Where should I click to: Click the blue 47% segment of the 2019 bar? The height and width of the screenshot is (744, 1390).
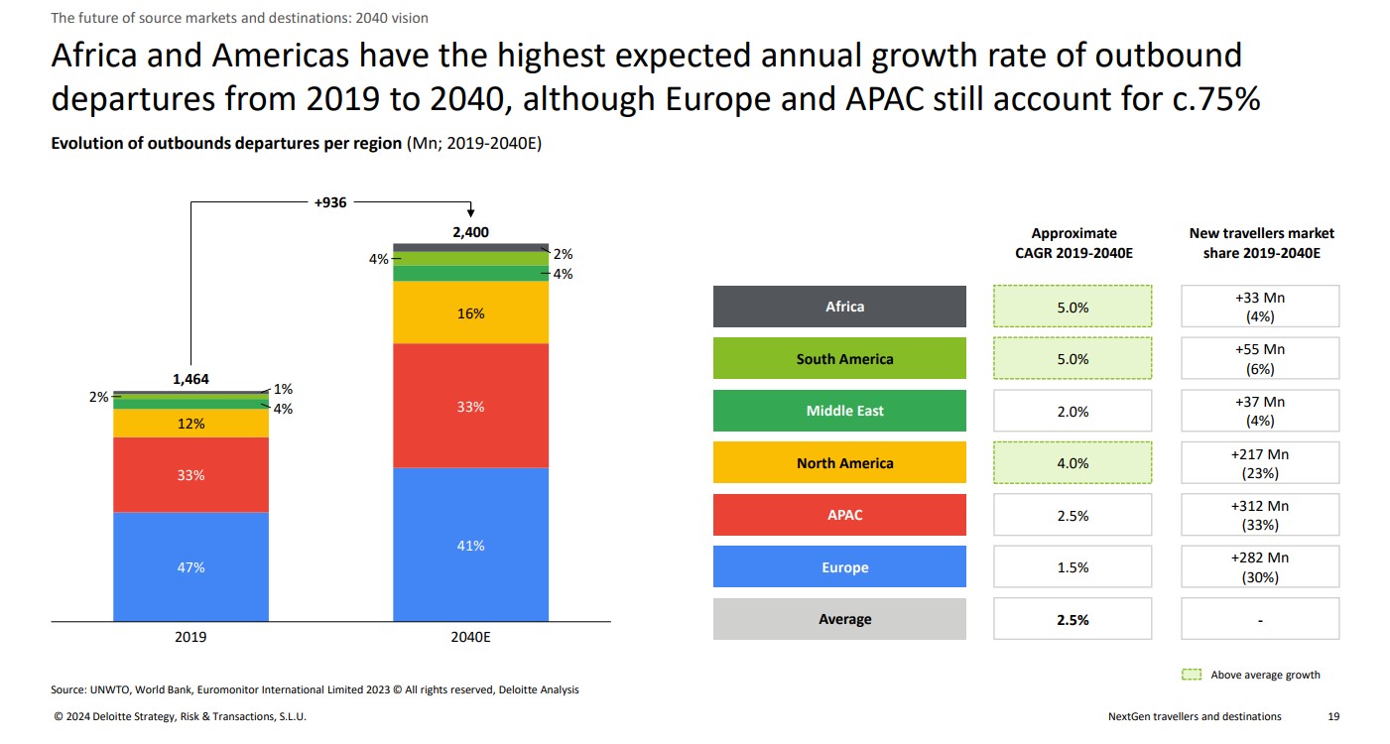point(190,566)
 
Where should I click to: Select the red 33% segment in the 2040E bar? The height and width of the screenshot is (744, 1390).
point(470,406)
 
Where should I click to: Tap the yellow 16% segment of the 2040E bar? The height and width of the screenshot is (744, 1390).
point(470,312)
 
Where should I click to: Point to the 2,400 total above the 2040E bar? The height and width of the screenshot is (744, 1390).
point(470,233)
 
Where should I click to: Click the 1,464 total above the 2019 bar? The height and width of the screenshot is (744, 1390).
point(190,379)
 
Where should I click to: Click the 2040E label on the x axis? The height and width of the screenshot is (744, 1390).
point(470,638)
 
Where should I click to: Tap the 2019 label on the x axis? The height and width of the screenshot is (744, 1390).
point(190,638)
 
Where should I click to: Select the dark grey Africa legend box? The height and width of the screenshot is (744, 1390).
point(839,307)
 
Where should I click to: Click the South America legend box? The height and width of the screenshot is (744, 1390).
point(839,359)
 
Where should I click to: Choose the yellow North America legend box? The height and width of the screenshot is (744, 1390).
point(839,462)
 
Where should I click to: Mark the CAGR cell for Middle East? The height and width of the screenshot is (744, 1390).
point(1073,411)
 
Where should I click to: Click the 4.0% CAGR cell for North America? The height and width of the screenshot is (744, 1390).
point(1073,462)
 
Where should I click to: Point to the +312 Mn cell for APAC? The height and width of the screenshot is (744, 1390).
point(1260,515)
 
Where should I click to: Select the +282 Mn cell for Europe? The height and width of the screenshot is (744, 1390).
point(1260,566)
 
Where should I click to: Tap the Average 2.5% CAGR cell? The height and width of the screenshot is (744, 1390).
point(1073,619)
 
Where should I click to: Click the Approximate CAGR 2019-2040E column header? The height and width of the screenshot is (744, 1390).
point(1074,243)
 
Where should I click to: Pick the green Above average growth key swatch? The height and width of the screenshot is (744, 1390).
point(1192,675)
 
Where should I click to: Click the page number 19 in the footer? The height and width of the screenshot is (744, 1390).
point(1333,716)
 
